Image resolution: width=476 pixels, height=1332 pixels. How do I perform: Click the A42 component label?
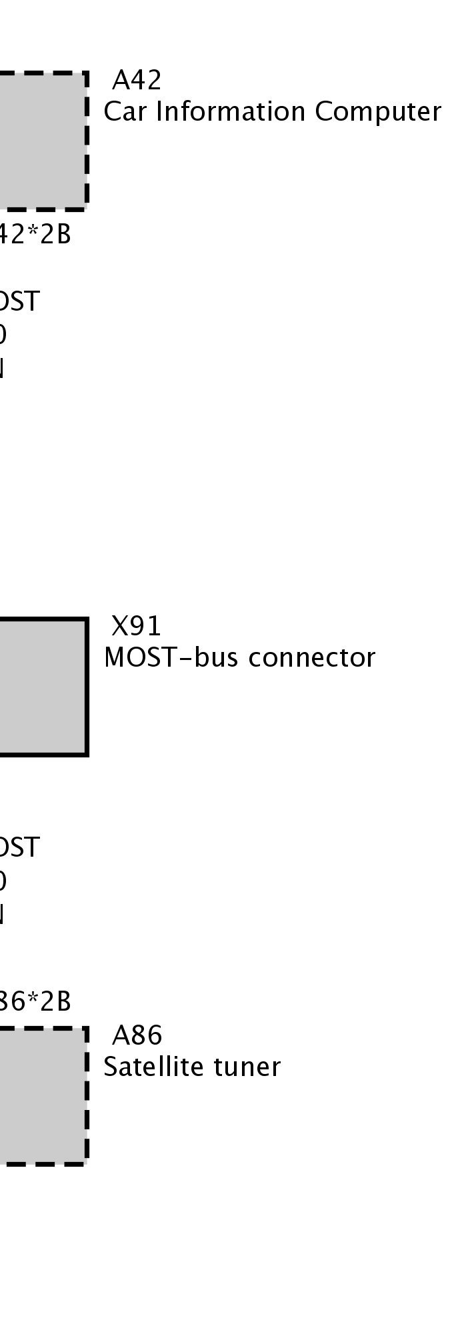[137, 81]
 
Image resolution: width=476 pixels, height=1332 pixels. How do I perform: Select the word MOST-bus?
[173, 658]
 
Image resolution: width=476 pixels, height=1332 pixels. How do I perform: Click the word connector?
[312, 658]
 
